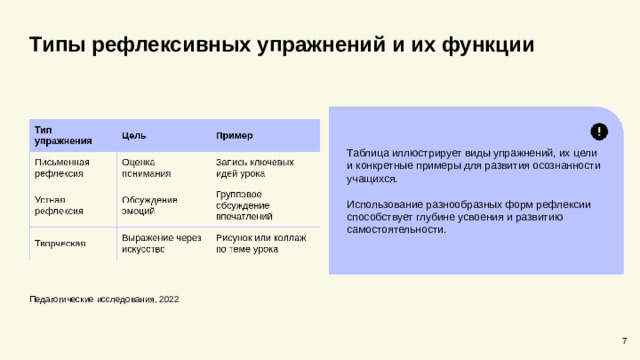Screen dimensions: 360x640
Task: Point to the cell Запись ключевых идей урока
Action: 254,167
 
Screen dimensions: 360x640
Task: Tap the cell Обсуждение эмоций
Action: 149,205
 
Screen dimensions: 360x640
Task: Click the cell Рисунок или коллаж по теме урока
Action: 260,243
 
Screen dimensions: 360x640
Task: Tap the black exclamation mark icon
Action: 598,131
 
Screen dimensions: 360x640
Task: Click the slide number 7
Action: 624,343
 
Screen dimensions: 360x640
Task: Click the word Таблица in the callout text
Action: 366,152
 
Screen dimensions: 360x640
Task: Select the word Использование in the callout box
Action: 380,203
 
